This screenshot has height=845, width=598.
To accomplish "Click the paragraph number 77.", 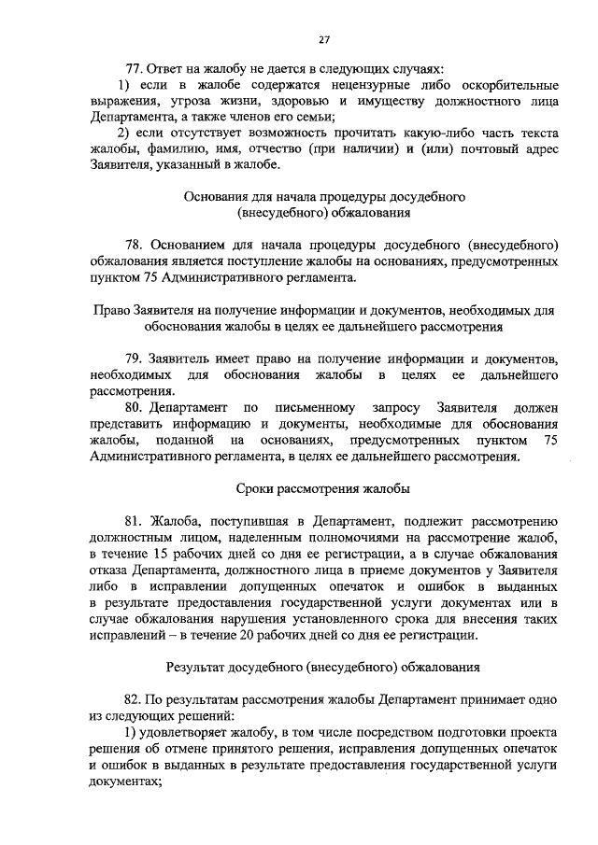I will (x=135, y=69).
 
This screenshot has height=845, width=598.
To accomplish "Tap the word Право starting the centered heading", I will (x=114, y=311).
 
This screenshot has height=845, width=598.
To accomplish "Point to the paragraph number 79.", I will (x=135, y=359).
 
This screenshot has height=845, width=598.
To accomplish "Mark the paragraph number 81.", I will (x=135, y=521).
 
